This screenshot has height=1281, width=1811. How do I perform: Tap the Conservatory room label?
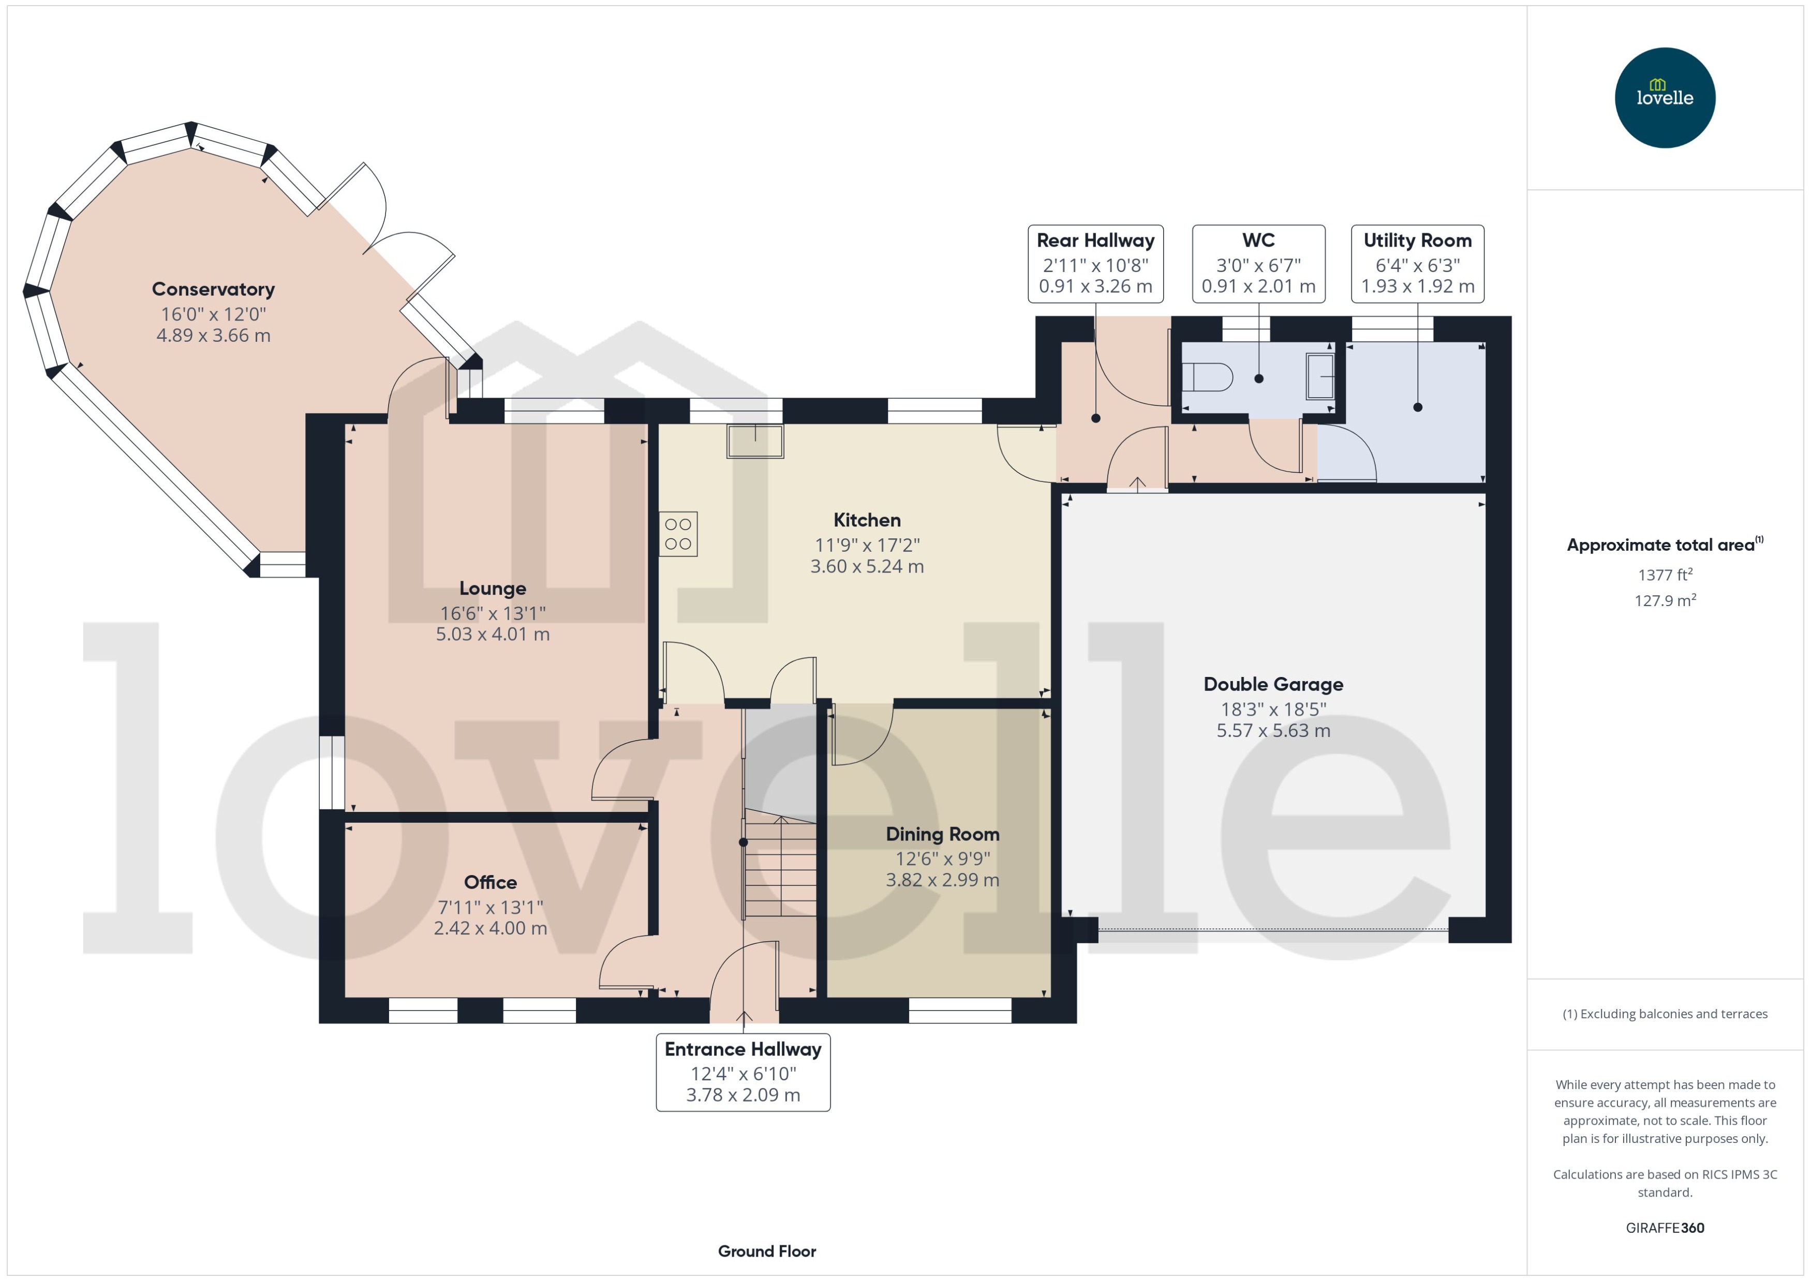click(213, 290)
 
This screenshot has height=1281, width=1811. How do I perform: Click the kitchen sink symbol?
click(755, 442)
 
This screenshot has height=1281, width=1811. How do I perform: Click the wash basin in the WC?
click(1320, 376)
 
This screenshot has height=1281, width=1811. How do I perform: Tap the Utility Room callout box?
click(1417, 263)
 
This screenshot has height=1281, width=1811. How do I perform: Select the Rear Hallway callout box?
click(1095, 263)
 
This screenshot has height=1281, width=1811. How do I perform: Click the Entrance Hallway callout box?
click(743, 1072)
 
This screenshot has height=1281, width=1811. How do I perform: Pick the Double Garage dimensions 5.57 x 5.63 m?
click(1273, 730)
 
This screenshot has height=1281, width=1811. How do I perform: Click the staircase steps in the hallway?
click(780, 868)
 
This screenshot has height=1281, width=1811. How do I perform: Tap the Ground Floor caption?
click(766, 1251)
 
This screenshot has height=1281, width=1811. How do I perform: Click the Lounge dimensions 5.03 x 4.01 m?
click(493, 634)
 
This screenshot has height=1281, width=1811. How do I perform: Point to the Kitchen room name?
click(867, 520)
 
